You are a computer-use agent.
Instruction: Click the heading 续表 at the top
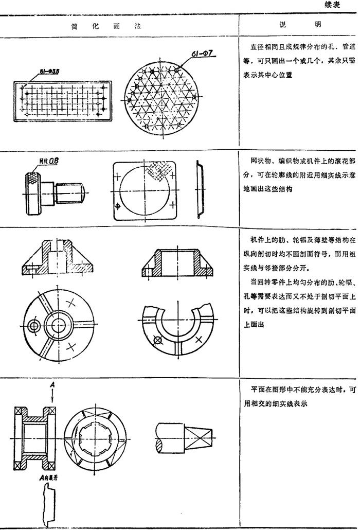point(340,6)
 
